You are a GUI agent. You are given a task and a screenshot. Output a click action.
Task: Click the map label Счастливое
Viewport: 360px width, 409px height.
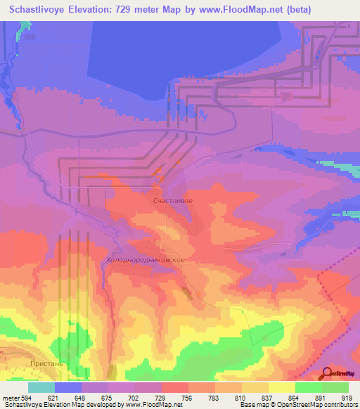(172, 200)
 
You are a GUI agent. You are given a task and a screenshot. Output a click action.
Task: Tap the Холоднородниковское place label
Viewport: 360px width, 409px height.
(146, 260)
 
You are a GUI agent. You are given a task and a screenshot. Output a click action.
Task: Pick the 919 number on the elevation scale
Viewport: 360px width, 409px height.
(347, 398)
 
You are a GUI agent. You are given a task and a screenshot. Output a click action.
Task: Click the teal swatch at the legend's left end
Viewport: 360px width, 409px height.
(41, 387)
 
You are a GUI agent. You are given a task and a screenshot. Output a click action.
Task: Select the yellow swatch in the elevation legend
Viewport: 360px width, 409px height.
(282, 387)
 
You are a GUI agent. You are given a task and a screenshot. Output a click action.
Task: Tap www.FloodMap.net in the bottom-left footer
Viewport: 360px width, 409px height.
(150, 405)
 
